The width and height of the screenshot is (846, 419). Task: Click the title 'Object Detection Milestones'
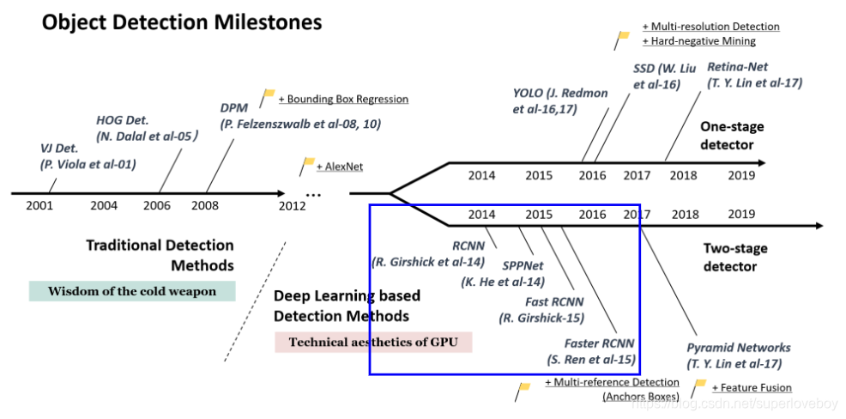tap(182, 21)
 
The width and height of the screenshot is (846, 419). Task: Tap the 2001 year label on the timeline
tap(39, 205)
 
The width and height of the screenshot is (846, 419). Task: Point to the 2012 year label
tap(293, 205)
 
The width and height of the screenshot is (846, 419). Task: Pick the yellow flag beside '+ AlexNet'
tap(308, 162)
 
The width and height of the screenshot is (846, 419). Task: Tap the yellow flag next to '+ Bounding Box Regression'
tap(269, 94)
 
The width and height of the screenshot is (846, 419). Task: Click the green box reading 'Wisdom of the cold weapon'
tap(132, 291)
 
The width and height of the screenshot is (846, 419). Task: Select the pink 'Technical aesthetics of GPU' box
tap(373, 342)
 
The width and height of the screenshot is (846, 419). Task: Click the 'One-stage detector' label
tap(731, 135)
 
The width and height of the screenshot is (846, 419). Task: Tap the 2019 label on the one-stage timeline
tap(741, 175)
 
